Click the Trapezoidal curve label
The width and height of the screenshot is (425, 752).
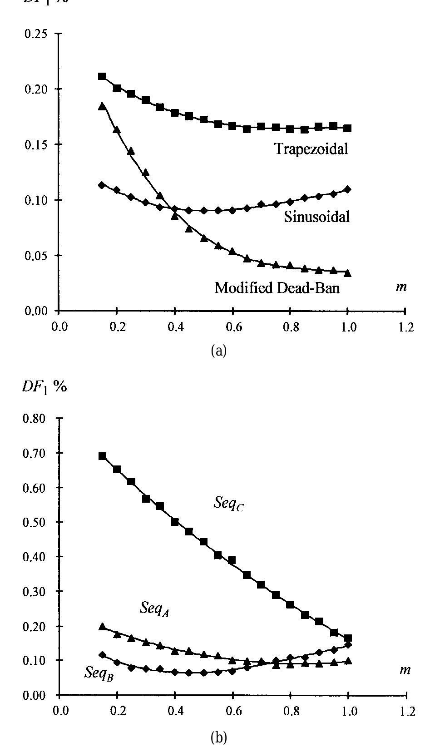(x=311, y=148)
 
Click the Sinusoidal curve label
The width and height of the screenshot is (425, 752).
(x=317, y=217)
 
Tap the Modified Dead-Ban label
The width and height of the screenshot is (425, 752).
(x=277, y=287)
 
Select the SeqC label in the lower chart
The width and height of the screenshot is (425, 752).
(x=228, y=503)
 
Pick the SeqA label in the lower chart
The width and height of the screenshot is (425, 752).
(x=154, y=609)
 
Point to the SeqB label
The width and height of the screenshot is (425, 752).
(x=99, y=673)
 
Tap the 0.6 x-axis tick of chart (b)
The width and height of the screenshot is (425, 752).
(x=232, y=711)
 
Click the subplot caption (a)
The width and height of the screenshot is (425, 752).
(x=219, y=351)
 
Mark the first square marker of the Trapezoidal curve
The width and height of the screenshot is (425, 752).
(x=102, y=76)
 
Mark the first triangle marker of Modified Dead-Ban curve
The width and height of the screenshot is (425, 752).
(x=102, y=106)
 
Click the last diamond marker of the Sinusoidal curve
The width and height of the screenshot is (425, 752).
(x=348, y=189)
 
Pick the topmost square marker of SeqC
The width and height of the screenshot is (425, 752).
(x=102, y=456)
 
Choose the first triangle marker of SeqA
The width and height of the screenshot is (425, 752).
(x=102, y=627)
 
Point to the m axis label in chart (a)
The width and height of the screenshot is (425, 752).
(x=400, y=287)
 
